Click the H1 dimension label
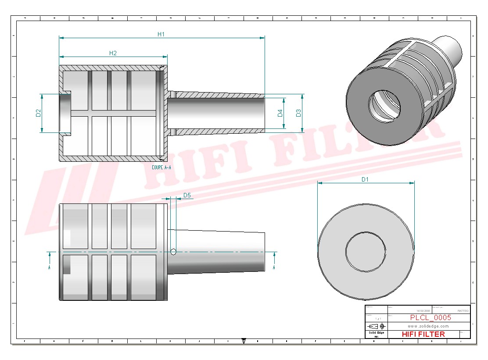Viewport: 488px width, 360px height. (x=161, y=34)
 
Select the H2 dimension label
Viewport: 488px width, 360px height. (x=113, y=53)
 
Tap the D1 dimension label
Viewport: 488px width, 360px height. (x=365, y=179)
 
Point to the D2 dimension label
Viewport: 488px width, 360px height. (x=38, y=113)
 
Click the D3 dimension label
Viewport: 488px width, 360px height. (x=298, y=113)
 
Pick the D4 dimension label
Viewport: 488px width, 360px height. (x=280, y=113)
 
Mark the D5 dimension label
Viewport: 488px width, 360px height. (x=187, y=195)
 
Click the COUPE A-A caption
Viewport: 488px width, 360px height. (x=161, y=168)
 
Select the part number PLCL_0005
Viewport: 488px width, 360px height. (x=430, y=318)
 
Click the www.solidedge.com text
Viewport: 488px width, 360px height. (x=428, y=326)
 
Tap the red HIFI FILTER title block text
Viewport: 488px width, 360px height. (x=423, y=334)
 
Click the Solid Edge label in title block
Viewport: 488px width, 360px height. (x=376, y=333)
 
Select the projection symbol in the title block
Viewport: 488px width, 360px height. (x=377, y=326)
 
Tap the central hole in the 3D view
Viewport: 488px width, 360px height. (x=385, y=105)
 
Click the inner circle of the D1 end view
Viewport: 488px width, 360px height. (x=366, y=251)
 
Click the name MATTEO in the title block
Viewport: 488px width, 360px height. (x=463, y=310)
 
